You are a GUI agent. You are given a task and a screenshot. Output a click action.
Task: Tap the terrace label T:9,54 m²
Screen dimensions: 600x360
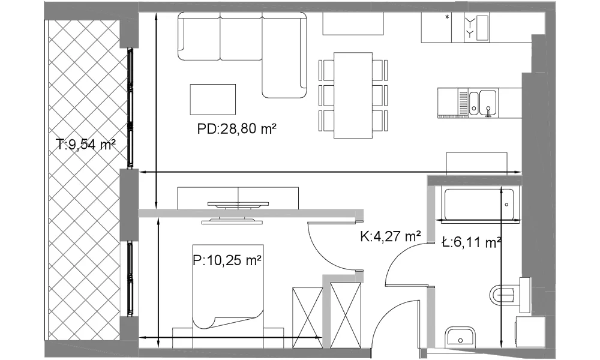(x=86, y=145)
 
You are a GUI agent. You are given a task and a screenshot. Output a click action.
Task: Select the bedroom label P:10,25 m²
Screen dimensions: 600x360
(x=227, y=260)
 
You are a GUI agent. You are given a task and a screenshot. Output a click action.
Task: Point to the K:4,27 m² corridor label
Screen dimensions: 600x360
(x=391, y=236)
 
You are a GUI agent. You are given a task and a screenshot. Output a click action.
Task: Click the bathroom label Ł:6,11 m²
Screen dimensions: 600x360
(x=471, y=242)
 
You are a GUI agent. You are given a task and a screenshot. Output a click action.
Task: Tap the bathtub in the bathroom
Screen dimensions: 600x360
(x=479, y=204)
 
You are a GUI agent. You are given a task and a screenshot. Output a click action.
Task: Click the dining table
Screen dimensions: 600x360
(x=353, y=95)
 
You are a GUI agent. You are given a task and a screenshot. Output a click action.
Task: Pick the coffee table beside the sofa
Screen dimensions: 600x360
(x=213, y=100)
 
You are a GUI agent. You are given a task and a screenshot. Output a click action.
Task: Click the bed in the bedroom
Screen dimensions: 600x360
(x=228, y=286)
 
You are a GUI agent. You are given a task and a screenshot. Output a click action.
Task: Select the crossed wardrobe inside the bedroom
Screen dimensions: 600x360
(x=307, y=318)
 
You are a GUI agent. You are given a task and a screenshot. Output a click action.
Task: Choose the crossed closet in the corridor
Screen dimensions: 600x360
(x=346, y=316)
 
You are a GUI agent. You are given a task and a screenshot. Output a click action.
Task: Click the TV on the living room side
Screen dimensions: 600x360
(x=238, y=205)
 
